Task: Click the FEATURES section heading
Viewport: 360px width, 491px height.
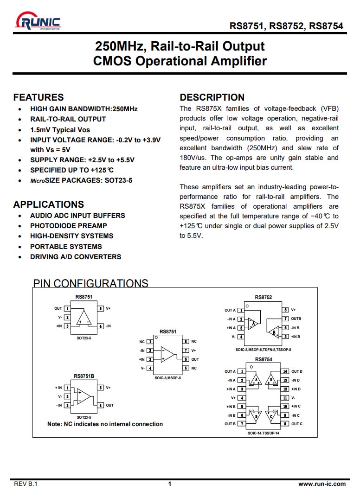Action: point(39,97)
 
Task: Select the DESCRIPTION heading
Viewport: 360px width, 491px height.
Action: point(212,97)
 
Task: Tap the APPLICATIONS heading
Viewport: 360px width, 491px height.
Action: point(49,204)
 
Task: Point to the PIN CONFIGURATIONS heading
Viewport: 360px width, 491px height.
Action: point(91,283)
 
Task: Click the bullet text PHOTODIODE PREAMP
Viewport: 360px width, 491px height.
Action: point(69,226)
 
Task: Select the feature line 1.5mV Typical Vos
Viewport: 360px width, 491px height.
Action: point(60,130)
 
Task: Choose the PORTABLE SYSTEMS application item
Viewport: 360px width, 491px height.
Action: point(66,247)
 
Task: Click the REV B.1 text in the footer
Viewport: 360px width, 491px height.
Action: point(26,484)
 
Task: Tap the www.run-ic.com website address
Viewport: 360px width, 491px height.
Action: point(321,484)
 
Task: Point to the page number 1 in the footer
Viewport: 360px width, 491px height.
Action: point(169,484)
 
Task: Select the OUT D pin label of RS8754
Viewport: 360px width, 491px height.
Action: point(297,371)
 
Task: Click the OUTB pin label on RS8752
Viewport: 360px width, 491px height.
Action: point(296,319)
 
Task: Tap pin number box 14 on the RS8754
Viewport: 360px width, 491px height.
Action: point(285,371)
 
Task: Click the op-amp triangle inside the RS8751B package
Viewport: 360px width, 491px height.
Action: point(84,396)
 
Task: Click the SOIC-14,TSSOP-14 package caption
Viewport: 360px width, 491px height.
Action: point(264,433)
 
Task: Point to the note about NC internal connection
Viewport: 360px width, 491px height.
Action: point(105,424)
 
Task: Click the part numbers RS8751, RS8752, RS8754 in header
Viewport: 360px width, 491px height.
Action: point(286,26)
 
